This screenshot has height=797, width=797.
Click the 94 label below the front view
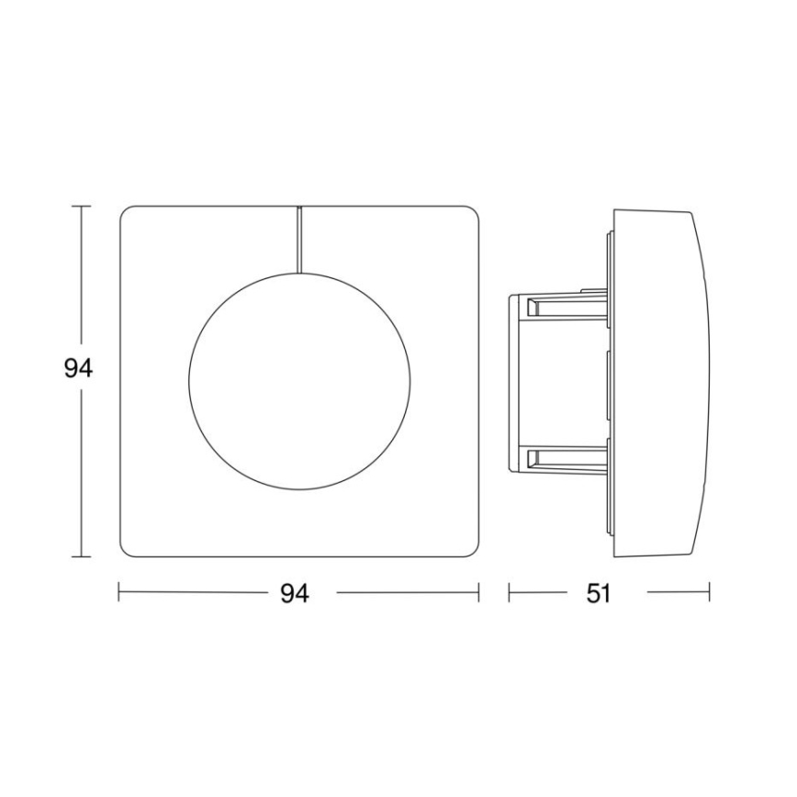(294, 594)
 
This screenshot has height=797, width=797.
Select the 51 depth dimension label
(598, 594)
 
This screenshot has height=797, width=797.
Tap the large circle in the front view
(299, 382)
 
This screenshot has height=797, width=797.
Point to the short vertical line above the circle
(299, 240)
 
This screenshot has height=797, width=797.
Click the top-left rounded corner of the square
(127, 213)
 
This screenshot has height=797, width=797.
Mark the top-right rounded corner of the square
(473, 213)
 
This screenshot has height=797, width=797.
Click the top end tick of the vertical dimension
(82, 207)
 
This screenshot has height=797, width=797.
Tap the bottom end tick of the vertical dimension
(82, 557)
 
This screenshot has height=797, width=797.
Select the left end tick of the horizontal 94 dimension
(119, 593)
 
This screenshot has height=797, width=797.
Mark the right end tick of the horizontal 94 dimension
(479, 593)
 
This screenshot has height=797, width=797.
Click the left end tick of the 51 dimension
(510, 593)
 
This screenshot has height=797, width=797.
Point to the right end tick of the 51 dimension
(710, 593)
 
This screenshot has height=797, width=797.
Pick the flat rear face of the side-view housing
(511, 382)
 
